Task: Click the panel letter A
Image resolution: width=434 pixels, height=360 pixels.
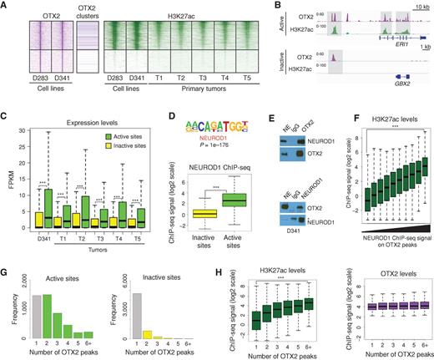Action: click(x=6, y=6)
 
